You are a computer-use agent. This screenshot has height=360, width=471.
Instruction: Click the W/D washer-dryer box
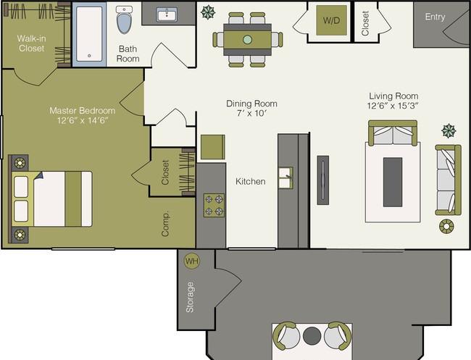tap(331, 20)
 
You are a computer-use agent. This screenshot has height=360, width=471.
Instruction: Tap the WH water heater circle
tap(191, 261)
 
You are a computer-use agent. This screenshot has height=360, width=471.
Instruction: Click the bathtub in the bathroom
tap(89, 34)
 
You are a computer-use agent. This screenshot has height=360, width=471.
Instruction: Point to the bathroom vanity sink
tap(167, 14)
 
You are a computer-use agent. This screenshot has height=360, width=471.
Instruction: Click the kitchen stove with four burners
tap(214, 205)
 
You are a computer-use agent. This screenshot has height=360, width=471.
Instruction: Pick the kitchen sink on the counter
tap(285, 177)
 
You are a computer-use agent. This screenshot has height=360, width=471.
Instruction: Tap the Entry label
tap(435, 17)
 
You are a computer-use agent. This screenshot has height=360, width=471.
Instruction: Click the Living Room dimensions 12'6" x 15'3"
tap(393, 106)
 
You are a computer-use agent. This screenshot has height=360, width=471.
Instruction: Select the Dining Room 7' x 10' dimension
tap(251, 114)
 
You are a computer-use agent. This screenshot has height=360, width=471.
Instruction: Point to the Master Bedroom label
tap(83, 111)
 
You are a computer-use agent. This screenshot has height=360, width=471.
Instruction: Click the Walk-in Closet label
tap(31, 43)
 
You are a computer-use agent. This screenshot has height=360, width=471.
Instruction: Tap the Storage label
tap(190, 297)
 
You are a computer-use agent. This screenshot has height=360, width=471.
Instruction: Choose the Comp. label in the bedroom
tap(165, 224)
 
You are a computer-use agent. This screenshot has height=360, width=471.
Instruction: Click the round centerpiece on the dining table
tap(247, 39)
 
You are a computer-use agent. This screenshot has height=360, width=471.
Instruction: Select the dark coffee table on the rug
tap(393, 182)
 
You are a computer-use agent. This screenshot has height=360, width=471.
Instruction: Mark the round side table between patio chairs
tap(312, 335)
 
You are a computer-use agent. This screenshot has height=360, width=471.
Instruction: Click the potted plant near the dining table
tap(208, 12)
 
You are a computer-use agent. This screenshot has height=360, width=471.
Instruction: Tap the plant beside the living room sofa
tap(449, 130)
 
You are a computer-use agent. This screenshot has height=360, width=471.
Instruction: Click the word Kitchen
tap(251, 181)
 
